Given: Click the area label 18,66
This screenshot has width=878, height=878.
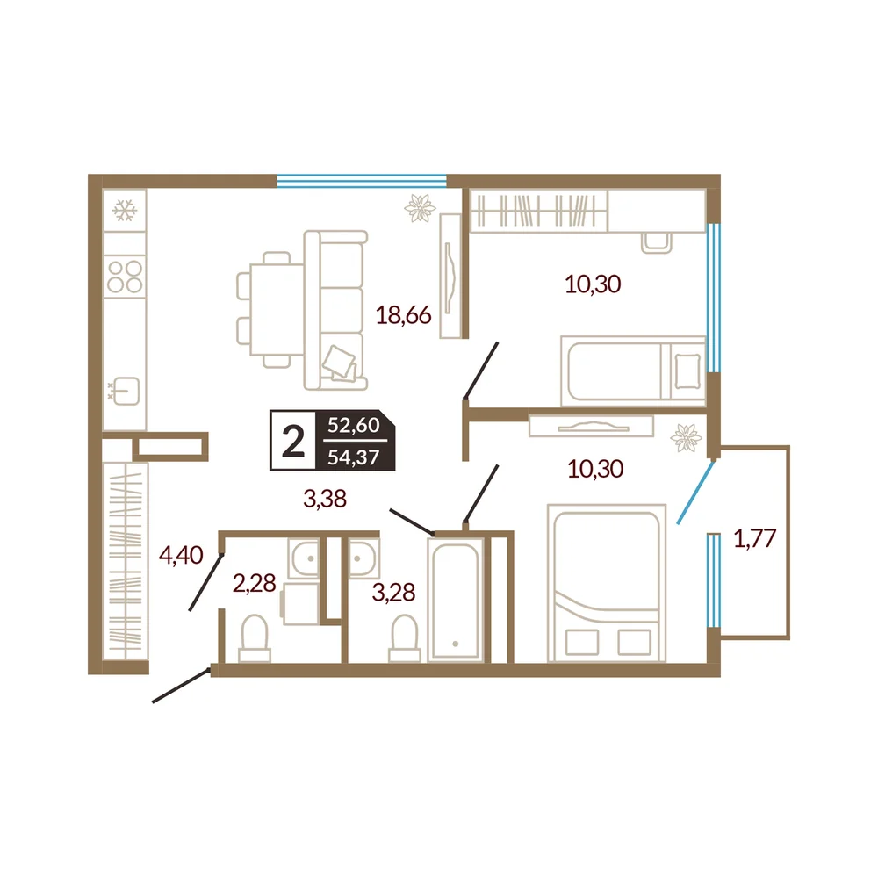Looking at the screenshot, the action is click(x=403, y=315).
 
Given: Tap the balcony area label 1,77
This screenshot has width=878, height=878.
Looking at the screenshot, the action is click(x=754, y=539).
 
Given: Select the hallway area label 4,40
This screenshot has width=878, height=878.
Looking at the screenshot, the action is click(x=180, y=555).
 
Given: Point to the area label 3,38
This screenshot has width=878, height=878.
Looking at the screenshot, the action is click(x=325, y=498).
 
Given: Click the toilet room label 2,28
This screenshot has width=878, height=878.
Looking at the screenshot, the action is click(x=255, y=584).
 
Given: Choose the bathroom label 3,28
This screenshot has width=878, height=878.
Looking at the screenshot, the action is click(x=393, y=592).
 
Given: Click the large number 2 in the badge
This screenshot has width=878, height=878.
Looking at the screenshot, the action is click(x=293, y=442).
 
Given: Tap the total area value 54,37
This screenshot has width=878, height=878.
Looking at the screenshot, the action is click(x=354, y=457).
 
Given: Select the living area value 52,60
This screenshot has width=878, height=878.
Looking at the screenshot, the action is click(x=354, y=425).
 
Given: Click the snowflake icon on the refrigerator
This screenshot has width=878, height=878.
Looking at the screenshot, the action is click(x=125, y=211).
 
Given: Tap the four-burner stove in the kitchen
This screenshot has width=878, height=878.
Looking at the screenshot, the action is click(x=125, y=277).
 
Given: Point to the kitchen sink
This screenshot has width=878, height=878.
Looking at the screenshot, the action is click(x=126, y=391).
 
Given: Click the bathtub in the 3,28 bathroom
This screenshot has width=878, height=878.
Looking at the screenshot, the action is click(x=455, y=599).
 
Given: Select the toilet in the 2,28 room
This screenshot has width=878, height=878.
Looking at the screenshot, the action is click(x=255, y=638).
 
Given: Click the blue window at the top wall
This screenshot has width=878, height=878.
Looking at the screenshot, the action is click(x=362, y=181).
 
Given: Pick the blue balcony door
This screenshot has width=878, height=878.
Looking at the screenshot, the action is click(x=695, y=492).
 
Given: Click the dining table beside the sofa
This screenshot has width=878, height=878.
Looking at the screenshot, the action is click(x=277, y=310).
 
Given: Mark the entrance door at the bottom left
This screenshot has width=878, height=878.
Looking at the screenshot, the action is click(x=182, y=684).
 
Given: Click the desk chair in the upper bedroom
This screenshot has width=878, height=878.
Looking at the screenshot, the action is click(x=656, y=243).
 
